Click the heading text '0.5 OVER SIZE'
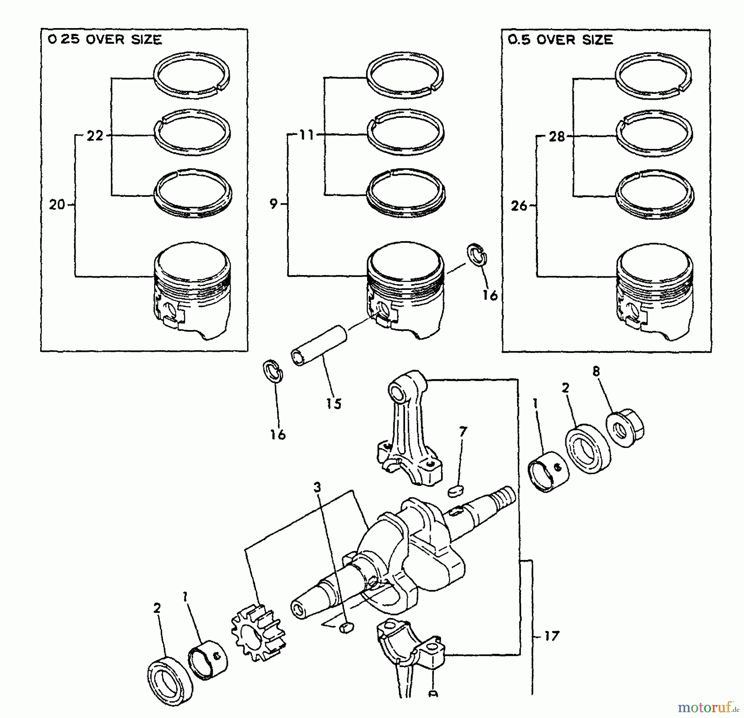click(560, 40)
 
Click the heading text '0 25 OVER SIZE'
click(105, 40)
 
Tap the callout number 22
click(95, 136)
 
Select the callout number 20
click(57, 204)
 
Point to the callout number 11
click(307, 135)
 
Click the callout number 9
click(273, 204)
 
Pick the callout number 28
click(557, 136)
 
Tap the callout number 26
click(519, 206)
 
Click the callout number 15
click(334, 403)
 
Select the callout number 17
click(551, 636)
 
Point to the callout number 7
click(463, 432)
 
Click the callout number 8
click(596, 371)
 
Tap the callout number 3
click(317, 488)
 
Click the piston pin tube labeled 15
click(319, 345)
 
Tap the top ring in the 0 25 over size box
click(192, 75)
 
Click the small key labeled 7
click(456, 491)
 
